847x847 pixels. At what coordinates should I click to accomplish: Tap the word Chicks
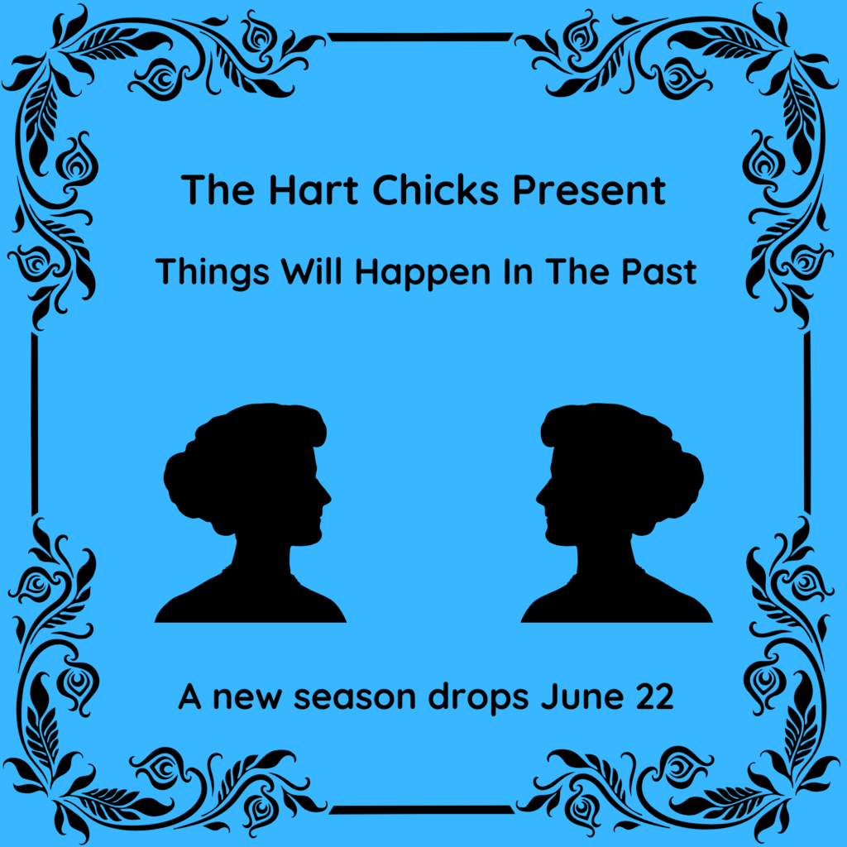tap(435, 190)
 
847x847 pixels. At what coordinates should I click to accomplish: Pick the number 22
tap(653, 696)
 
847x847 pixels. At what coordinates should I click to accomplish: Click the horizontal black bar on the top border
tap(420, 36)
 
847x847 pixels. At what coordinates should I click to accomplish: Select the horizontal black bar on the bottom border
tap(422, 809)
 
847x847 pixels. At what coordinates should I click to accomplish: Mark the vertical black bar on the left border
tap(35, 423)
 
